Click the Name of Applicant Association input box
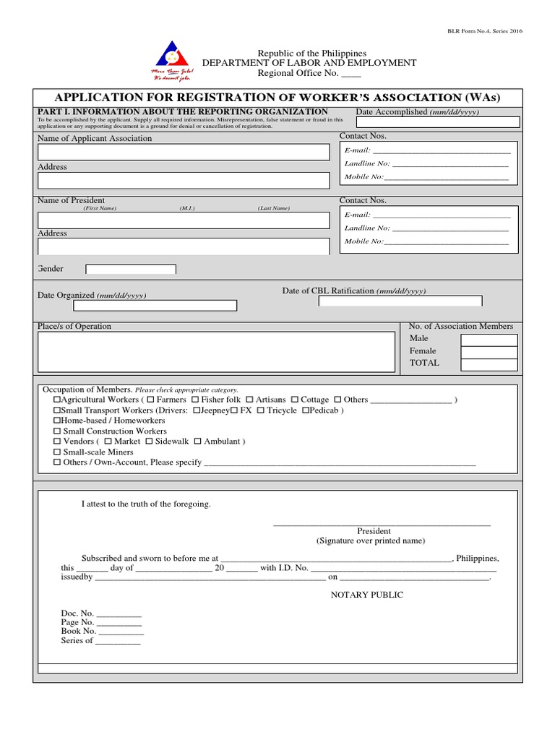[184, 152]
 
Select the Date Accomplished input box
[437, 122]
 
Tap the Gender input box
[131, 270]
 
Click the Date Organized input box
[155, 306]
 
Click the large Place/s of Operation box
[217, 352]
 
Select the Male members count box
[489, 340]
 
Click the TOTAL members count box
[489, 364]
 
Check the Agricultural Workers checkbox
[57, 400]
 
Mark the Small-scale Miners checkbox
[57, 452]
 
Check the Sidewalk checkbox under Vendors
[149, 442]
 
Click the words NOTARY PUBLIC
[367, 595]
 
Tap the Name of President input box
[184, 220]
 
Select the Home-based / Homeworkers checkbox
[57, 421]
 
